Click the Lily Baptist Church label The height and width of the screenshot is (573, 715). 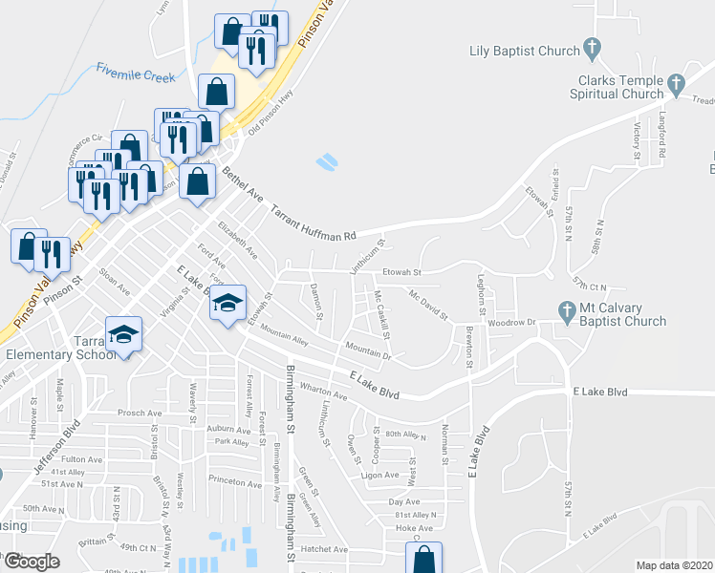tap(525, 51)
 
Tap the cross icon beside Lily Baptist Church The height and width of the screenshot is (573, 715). tap(593, 47)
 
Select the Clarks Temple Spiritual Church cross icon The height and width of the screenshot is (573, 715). tap(677, 83)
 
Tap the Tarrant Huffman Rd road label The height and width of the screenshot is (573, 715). tap(313, 222)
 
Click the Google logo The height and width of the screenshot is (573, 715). tap(31, 561)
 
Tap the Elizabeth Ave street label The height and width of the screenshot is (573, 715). tap(238, 242)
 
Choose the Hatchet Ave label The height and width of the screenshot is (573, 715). tap(326, 549)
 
